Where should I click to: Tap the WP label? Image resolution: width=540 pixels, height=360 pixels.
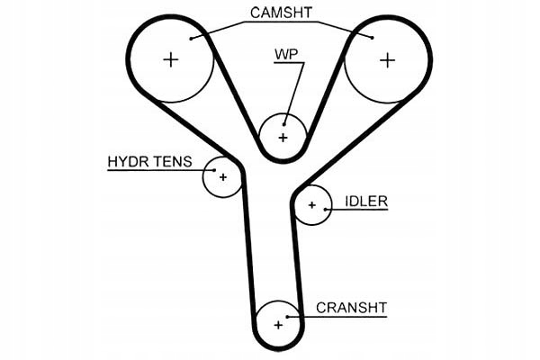click(x=286, y=53)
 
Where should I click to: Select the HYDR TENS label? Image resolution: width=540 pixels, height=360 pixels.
click(x=149, y=162)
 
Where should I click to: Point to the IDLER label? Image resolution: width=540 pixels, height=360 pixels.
click(x=365, y=202)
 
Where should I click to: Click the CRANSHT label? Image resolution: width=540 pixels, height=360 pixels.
click(x=351, y=308)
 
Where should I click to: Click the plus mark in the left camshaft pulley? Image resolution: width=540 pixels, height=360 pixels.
click(x=171, y=60)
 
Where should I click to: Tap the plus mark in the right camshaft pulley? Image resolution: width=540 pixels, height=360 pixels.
click(x=387, y=60)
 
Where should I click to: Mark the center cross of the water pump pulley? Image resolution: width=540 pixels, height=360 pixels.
click(x=283, y=137)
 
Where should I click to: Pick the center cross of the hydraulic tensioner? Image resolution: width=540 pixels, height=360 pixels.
click(x=223, y=177)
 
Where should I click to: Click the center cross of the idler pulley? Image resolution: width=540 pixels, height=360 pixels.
click(x=312, y=205)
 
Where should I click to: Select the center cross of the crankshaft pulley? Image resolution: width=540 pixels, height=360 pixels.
click(x=277, y=324)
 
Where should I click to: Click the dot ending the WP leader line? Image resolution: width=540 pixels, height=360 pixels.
click(x=284, y=123)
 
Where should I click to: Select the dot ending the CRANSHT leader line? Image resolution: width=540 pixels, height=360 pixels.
click(x=288, y=316)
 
